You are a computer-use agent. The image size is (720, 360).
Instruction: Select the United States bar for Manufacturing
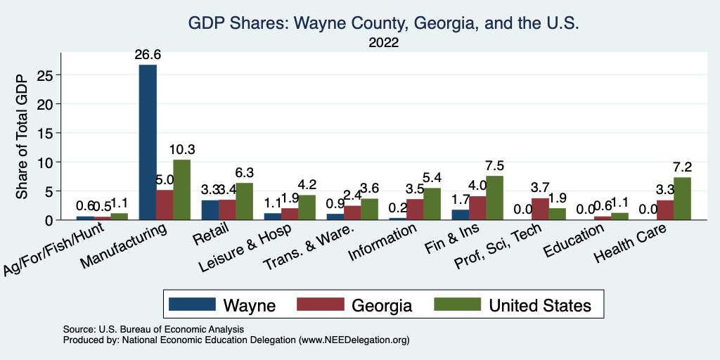181,190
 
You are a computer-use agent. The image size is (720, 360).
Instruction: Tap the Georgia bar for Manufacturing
165,205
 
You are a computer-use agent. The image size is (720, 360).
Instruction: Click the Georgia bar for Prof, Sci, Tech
540,209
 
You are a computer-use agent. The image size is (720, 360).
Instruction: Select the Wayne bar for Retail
210,210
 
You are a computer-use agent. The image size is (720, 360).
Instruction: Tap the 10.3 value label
182,150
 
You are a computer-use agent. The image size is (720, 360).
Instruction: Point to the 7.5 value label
495,166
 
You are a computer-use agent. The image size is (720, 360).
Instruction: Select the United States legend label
540,305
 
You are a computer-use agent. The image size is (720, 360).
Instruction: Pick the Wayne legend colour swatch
192,304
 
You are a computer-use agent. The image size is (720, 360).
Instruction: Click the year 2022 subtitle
383,43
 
